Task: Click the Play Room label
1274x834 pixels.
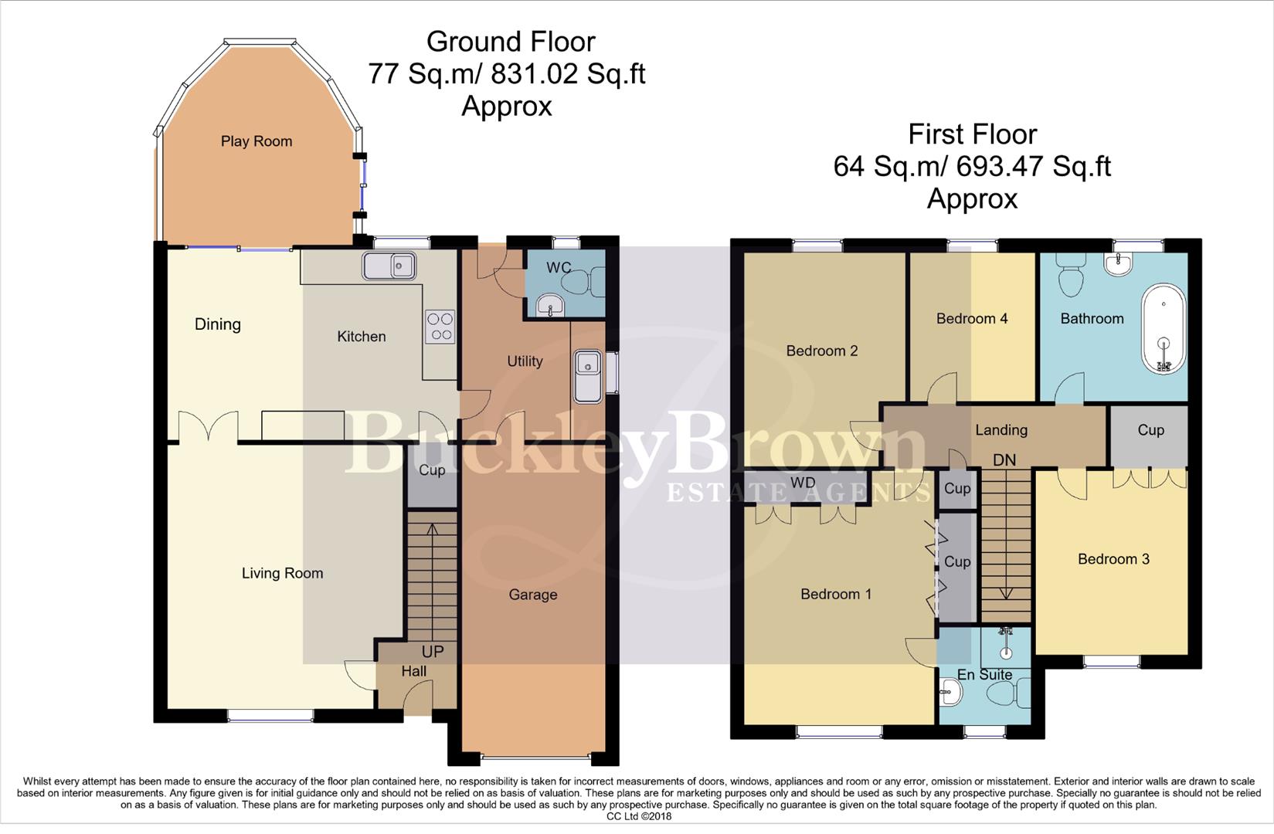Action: coord(256,141)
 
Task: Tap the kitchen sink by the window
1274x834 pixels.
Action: coord(389,266)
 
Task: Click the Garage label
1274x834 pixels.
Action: coord(532,595)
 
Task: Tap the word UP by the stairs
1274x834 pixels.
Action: coord(433,652)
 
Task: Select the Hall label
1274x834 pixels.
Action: coord(413,672)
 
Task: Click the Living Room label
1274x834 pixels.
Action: coord(282,573)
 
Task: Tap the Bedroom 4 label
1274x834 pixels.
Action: coord(971,318)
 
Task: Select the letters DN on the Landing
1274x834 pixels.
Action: coord(1004,460)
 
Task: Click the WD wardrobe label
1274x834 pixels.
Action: coord(803,483)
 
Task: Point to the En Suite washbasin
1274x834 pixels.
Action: coord(950,693)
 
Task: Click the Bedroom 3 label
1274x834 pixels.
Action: coord(1113,559)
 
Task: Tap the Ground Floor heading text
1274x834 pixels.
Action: coord(511,41)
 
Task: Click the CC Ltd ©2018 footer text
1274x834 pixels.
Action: coord(638,816)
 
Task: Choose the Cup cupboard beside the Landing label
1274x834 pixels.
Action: coord(1150,430)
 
